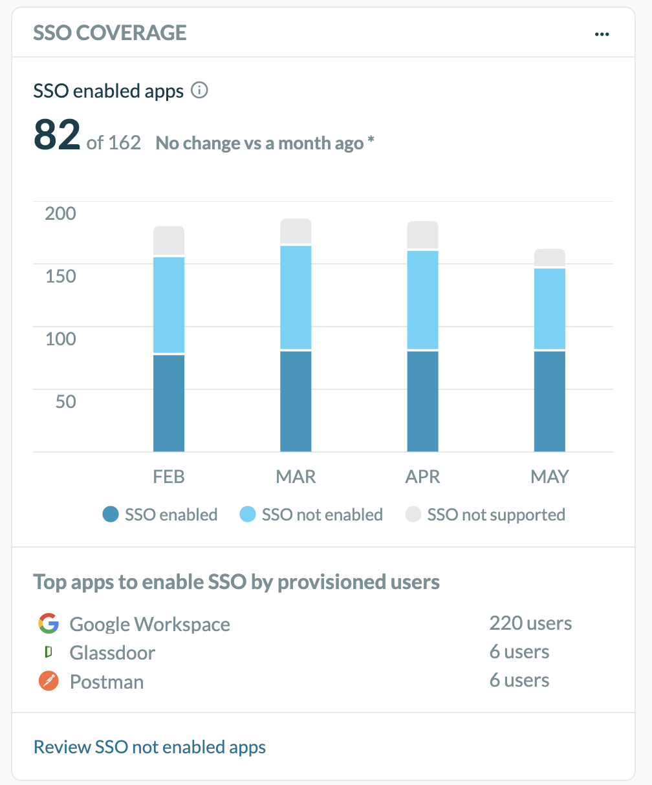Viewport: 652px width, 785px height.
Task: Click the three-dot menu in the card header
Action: pyautogui.click(x=602, y=34)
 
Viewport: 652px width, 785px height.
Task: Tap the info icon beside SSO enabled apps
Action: pyautogui.click(x=200, y=91)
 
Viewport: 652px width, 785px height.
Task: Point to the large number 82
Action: pyautogui.click(x=57, y=135)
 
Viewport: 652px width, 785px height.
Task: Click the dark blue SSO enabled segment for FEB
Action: pyautogui.click(x=169, y=403)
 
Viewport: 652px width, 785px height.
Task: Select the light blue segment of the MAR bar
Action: pyautogui.click(x=296, y=297)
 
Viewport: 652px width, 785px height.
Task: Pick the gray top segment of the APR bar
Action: pyautogui.click(x=422, y=235)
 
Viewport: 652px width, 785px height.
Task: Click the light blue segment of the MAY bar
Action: pyautogui.click(x=549, y=308)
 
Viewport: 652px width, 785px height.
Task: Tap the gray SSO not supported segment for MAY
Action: pyautogui.click(x=549, y=257)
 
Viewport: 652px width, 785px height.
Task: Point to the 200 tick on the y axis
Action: pyautogui.click(x=60, y=213)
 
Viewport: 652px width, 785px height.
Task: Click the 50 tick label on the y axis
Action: pyautogui.click(x=65, y=402)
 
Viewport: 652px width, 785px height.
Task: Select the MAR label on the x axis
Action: pyautogui.click(x=296, y=477)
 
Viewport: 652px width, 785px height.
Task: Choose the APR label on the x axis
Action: pyautogui.click(x=422, y=477)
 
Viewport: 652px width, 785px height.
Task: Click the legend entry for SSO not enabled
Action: pyautogui.click(x=311, y=515)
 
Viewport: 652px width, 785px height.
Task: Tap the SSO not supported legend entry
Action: pyautogui.click(x=485, y=515)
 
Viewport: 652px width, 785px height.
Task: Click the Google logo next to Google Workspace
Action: pyautogui.click(x=49, y=624)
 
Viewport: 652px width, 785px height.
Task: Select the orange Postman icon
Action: pyautogui.click(x=49, y=682)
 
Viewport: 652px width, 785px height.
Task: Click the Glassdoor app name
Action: pyautogui.click(x=112, y=652)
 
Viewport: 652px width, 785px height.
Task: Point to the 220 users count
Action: pyautogui.click(x=530, y=623)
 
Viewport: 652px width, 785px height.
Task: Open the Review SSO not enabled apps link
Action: pyautogui.click(x=149, y=747)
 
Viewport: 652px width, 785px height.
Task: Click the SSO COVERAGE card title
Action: pyautogui.click(x=110, y=32)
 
